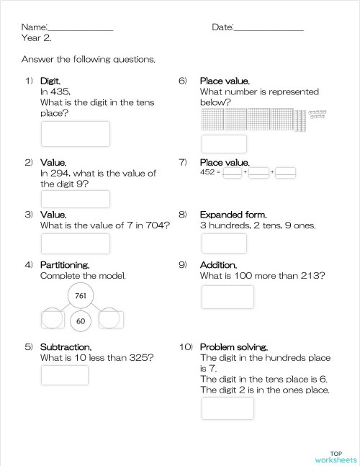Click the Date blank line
[x=269, y=30]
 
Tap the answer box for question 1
[x=76, y=134]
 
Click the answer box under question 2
[x=76, y=199]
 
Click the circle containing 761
[x=81, y=295]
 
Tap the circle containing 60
[x=81, y=321]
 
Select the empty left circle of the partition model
[x=53, y=318]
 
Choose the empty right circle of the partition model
[x=109, y=318]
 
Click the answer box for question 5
[x=65, y=375]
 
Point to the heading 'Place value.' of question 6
[x=225, y=81]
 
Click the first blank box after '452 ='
[x=232, y=173]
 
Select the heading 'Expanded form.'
[x=233, y=215]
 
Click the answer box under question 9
[x=228, y=297]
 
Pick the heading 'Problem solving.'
[x=234, y=346]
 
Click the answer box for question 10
[x=228, y=408]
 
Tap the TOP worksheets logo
[x=336, y=456]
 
